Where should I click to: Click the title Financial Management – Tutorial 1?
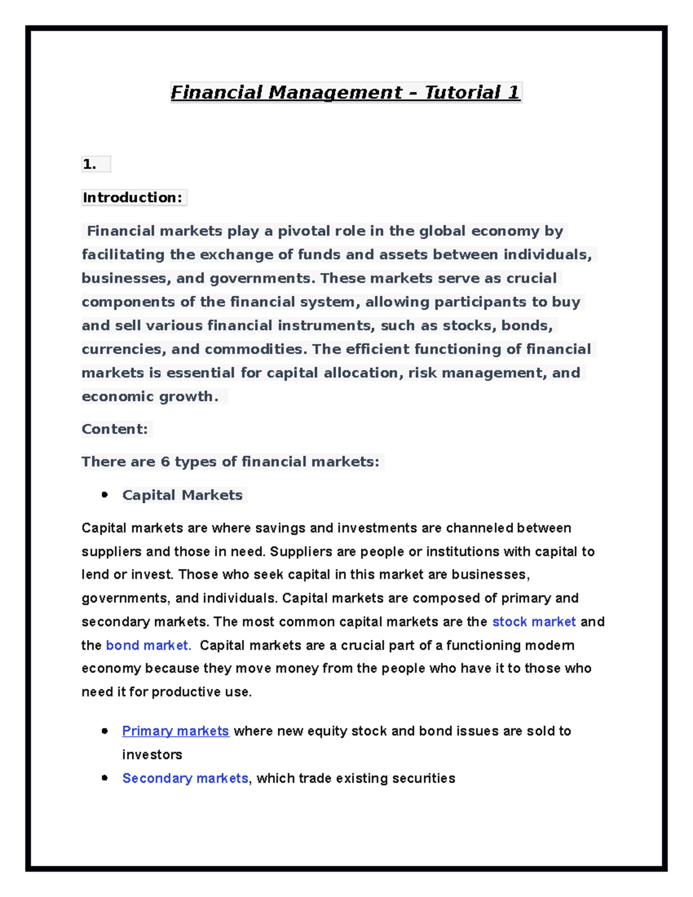(345, 92)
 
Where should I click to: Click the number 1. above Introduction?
(89, 165)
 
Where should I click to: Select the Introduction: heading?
(132, 198)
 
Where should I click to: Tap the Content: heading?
(114, 429)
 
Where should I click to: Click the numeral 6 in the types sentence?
(165, 461)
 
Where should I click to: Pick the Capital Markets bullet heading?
(182, 495)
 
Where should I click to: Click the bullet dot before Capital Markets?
(105, 494)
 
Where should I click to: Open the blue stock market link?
(534, 621)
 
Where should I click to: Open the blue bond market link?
(148, 645)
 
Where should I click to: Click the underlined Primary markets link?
(176, 731)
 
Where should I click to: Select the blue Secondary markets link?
(185, 778)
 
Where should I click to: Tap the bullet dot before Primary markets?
(105, 731)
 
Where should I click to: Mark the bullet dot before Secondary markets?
(105, 778)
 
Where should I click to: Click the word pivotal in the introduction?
(305, 231)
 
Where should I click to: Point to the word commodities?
(254, 349)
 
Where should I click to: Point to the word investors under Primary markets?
(152, 754)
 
